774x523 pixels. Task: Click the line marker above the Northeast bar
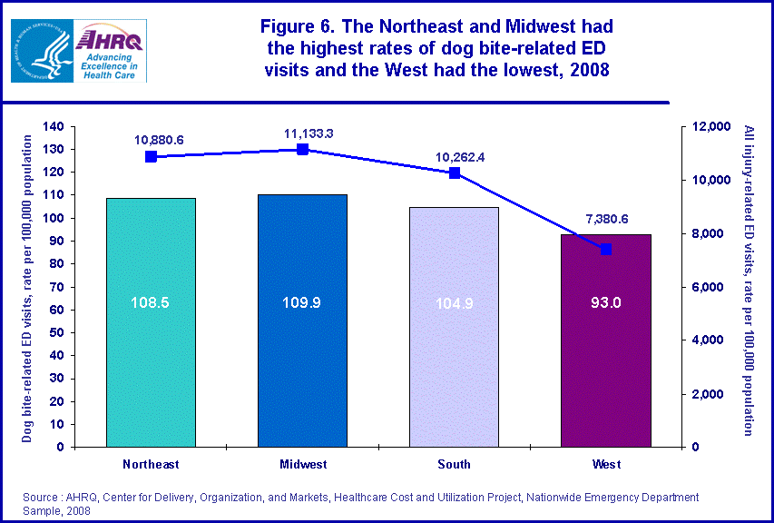click(151, 156)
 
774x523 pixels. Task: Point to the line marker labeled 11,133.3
click(303, 149)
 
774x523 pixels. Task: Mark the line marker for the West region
click(606, 249)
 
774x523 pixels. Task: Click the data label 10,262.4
click(454, 156)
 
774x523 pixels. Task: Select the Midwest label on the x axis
click(302, 464)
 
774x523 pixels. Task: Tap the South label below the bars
click(454, 464)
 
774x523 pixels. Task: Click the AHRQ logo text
click(108, 39)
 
